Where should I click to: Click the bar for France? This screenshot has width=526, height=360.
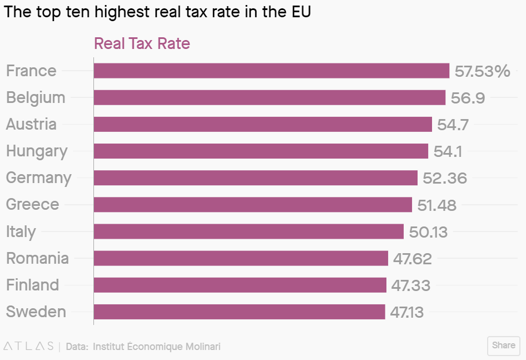point(271,71)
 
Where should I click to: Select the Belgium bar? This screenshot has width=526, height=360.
point(270,97)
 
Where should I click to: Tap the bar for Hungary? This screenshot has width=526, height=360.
point(261,151)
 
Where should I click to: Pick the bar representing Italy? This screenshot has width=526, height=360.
point(249,231)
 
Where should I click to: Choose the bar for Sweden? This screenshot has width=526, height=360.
point(239,312)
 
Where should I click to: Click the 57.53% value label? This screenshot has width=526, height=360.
point(482,71)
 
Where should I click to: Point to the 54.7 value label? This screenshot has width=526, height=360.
point(453,125)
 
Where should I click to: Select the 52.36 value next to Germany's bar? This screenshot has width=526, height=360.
point(445,178)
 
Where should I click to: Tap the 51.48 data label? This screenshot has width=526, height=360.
point(437,205)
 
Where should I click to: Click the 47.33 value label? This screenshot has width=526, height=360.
point(411,285)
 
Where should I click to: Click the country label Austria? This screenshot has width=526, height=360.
point(31,124)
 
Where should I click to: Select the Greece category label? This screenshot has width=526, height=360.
point(32,204)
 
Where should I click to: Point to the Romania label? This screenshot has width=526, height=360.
point(37,258)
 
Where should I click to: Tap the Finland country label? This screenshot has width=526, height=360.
point(32,285)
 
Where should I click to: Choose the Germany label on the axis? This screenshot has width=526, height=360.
point(38,178)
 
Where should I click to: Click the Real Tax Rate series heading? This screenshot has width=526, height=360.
point(142,43)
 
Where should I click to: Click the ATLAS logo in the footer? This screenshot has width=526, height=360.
point(28,346)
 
